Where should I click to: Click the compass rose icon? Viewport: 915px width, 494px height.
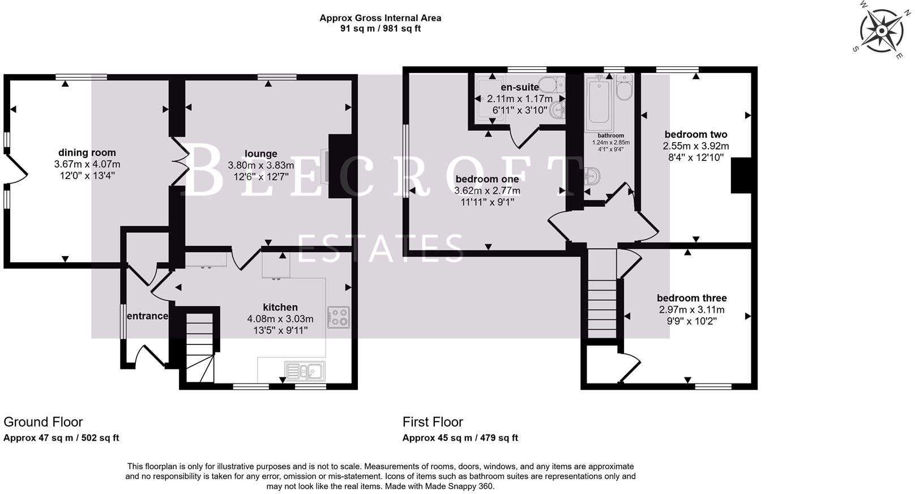click(882, 31)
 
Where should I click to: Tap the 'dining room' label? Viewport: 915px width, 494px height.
click(87, 152)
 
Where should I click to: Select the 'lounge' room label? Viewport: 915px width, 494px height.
click(260, 154)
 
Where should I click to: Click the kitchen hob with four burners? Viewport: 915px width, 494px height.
click(339, 317)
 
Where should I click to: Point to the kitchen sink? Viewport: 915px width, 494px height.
click(305, 371)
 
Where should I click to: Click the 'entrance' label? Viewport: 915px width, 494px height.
click(147, 316)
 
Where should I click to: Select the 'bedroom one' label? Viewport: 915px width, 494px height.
click(488, 179)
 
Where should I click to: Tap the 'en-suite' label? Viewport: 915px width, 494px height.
click(520, 87)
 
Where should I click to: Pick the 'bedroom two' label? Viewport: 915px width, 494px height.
click(696, 134)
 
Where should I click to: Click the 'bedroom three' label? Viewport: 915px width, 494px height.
click(692, 299)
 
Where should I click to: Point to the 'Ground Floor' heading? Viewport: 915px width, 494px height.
click(43, 421)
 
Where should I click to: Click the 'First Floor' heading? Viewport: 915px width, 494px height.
click(433, 421)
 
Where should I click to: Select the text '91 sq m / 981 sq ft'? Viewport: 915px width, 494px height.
click(380, 28)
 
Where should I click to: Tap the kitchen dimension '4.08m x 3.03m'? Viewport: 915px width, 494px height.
click(280, 319)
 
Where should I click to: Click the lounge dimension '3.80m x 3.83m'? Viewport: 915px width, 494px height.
click(261, 165)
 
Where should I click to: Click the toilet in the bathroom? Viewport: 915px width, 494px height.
click(624, 87)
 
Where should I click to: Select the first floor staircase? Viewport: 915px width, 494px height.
click(602, 293)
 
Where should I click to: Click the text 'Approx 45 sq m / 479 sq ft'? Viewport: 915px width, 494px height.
click(460, 438)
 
